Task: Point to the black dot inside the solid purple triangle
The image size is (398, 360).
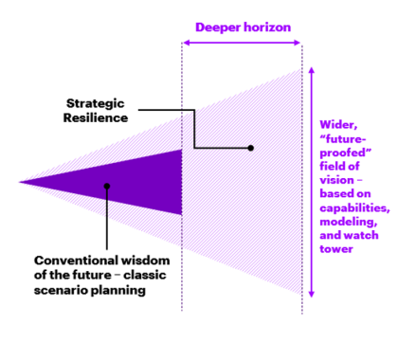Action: (109, 186)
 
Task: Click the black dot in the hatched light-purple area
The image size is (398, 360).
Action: (250, 148)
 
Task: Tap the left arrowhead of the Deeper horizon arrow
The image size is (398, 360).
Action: (184, 44)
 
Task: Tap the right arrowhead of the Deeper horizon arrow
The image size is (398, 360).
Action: (299, 44)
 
